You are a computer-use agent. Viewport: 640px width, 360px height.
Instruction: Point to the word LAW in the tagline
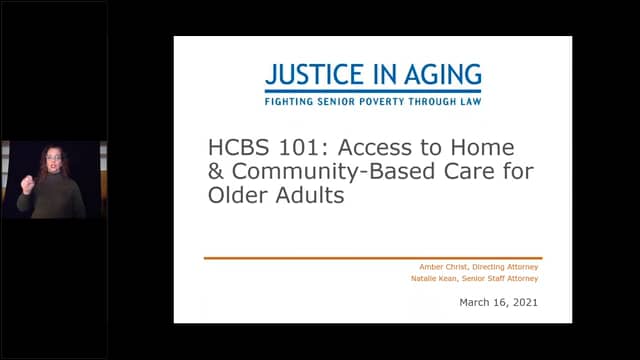point(468,102)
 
